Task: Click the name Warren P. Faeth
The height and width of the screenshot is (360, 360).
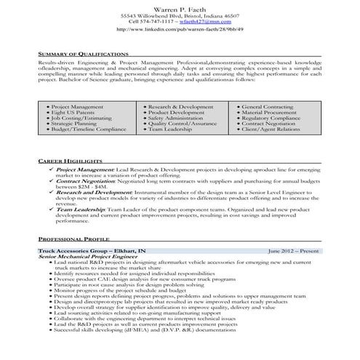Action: [x=179, y=7]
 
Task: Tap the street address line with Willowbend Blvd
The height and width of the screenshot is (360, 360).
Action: [x=179, y=15]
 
